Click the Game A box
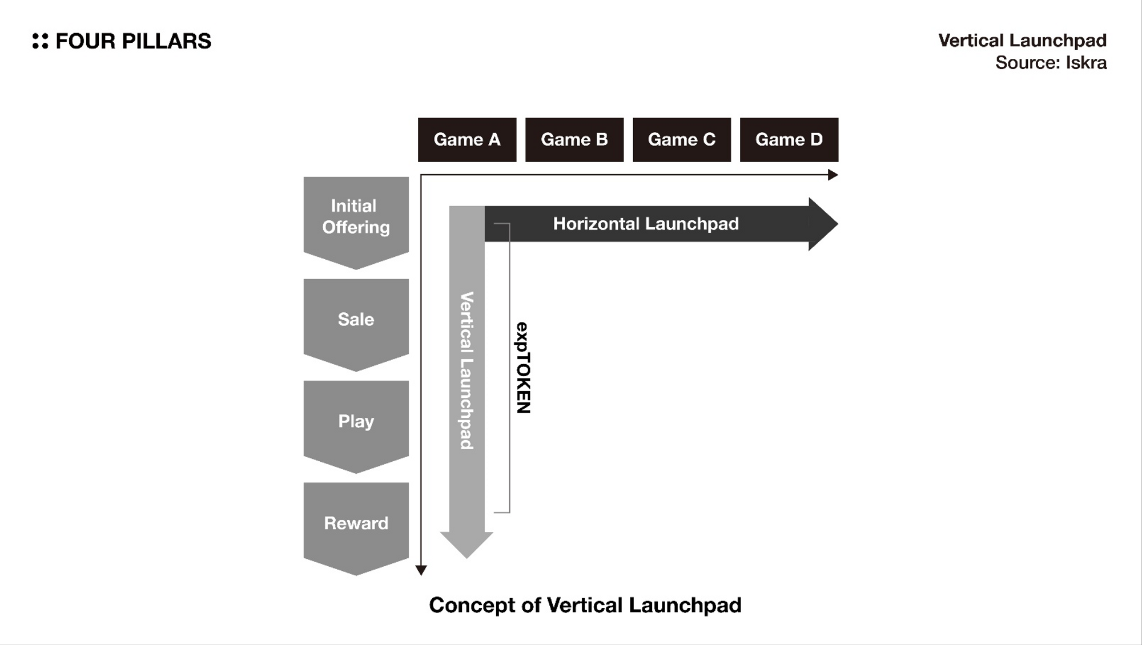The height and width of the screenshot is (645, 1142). click(x=467, y=140)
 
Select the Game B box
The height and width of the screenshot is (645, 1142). click(x=574, y=140)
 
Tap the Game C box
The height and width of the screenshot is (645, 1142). click(x=681, y=140)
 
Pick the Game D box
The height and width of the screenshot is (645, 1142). click(x=789, y=140)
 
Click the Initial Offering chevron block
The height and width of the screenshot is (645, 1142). click(x=356, y=217)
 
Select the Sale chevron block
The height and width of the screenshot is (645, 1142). click(x=356, y=320)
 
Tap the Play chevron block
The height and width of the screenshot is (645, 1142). click(x=356, y=422)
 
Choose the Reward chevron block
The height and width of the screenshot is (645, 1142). click(x=356, y=523)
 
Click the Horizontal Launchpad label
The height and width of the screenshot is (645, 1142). click(x=645, y=224)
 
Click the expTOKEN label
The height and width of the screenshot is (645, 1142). click(x=523, y=368)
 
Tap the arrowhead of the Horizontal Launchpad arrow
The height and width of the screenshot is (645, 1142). click(x=822, y=224)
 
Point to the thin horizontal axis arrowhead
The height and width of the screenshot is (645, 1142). click(x=833, y=175)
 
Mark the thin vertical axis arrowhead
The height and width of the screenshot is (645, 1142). click(x=421, y=570)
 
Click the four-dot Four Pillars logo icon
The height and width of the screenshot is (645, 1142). click(x=40, y=41)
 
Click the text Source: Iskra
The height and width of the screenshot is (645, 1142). click(x=1050, y=62)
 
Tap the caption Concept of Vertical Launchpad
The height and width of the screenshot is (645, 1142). click(x=585, y=605)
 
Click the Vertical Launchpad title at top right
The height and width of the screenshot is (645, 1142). click(x=1022, y=41)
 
